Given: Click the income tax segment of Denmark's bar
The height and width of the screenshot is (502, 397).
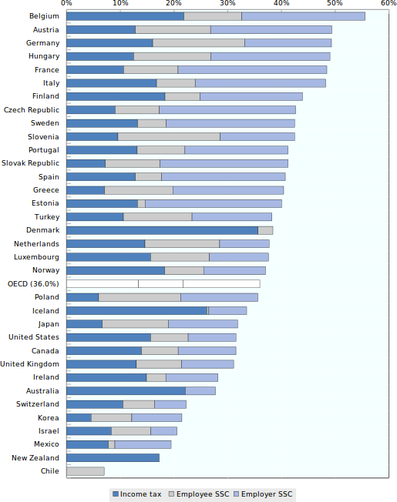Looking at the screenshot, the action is tap(162, 230).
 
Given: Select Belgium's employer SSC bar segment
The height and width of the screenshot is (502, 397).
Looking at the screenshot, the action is tap(303, 16).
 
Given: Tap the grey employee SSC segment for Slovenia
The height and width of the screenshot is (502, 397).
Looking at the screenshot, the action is tap(169, 137).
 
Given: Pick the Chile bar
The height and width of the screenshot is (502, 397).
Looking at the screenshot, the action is tap(86, 471).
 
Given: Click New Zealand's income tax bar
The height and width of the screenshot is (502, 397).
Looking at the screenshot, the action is tap(113, 458).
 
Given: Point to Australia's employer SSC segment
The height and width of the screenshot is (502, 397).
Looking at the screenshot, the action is tap(200, 391).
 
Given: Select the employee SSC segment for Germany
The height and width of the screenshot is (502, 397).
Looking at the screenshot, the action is tap(199, 43).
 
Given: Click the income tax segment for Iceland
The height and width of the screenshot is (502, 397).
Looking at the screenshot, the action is tap(136, 310).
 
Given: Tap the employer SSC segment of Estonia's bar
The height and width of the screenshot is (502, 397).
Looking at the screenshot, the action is tap(214, 203).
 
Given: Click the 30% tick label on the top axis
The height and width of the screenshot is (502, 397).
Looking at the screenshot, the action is tap(227, 3).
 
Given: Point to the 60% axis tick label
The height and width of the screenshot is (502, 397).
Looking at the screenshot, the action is tap(389, 3).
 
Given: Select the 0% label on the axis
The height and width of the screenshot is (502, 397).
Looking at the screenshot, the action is tap(66, 3).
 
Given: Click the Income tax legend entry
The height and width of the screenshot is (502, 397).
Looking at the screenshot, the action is tap(137, 494).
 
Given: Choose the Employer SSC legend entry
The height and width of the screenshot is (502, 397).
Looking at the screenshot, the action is tap(264, 494).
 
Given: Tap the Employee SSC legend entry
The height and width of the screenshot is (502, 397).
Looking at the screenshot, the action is tap(200, 494).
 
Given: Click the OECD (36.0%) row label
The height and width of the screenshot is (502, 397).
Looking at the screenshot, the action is tap(33, 284).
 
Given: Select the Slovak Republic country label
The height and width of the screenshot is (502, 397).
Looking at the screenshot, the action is tap(30, 163).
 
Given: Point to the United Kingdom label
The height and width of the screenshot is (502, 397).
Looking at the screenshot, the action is tap(30, 364).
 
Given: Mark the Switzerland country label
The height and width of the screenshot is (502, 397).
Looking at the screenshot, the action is tap(38, 404).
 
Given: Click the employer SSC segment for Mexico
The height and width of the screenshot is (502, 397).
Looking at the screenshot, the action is tap(143, 444).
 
